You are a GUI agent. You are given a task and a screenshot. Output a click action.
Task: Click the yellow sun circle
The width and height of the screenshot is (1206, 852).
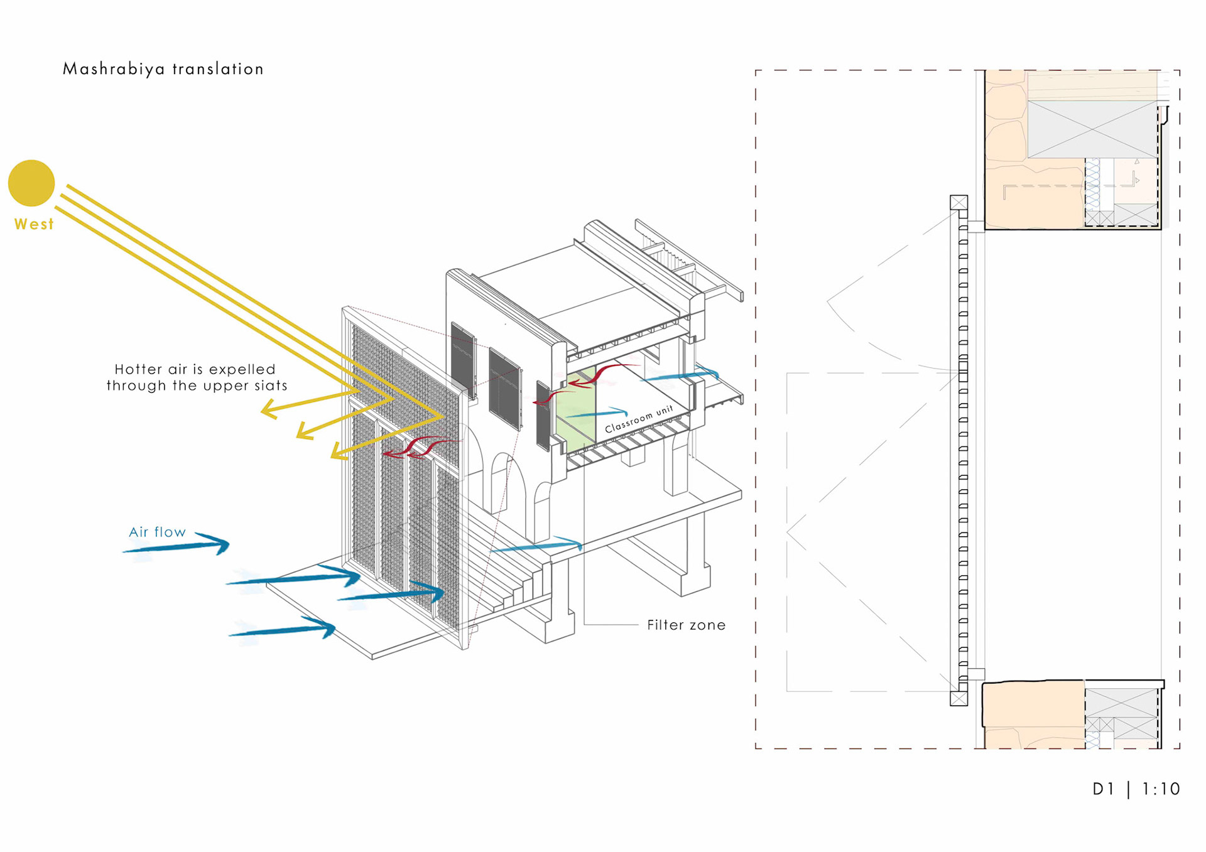(31, 183)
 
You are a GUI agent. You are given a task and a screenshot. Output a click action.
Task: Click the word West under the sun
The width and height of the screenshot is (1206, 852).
(34, 224)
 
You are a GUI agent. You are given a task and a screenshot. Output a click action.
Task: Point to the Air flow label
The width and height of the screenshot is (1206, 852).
(157, 532)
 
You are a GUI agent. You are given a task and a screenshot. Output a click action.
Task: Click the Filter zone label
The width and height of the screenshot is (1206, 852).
(686, 625)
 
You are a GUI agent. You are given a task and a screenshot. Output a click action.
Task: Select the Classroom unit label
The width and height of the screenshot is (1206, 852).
(638, 419)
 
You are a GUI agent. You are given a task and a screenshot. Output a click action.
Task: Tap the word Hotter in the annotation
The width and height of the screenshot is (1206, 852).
(138, 369)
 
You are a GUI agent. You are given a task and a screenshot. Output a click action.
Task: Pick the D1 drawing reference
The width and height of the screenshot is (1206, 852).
(1103, 789)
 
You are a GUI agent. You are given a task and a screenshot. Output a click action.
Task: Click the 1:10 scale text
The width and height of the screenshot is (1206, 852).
(1161, 789)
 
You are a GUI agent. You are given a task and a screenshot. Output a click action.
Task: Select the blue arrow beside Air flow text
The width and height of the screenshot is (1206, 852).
(179, 546)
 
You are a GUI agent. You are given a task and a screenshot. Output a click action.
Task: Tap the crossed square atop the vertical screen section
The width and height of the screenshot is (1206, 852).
(959, 203)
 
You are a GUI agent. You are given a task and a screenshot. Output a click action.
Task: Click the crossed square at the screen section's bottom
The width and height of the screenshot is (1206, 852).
(959, 698)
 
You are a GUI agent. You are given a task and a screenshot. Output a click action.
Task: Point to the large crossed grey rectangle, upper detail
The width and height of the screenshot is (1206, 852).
(1092, 129)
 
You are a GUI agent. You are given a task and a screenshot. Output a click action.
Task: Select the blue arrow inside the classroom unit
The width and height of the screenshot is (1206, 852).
(597, 414)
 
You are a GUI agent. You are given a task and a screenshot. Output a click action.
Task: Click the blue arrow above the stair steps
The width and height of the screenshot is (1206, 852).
(537, 546)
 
